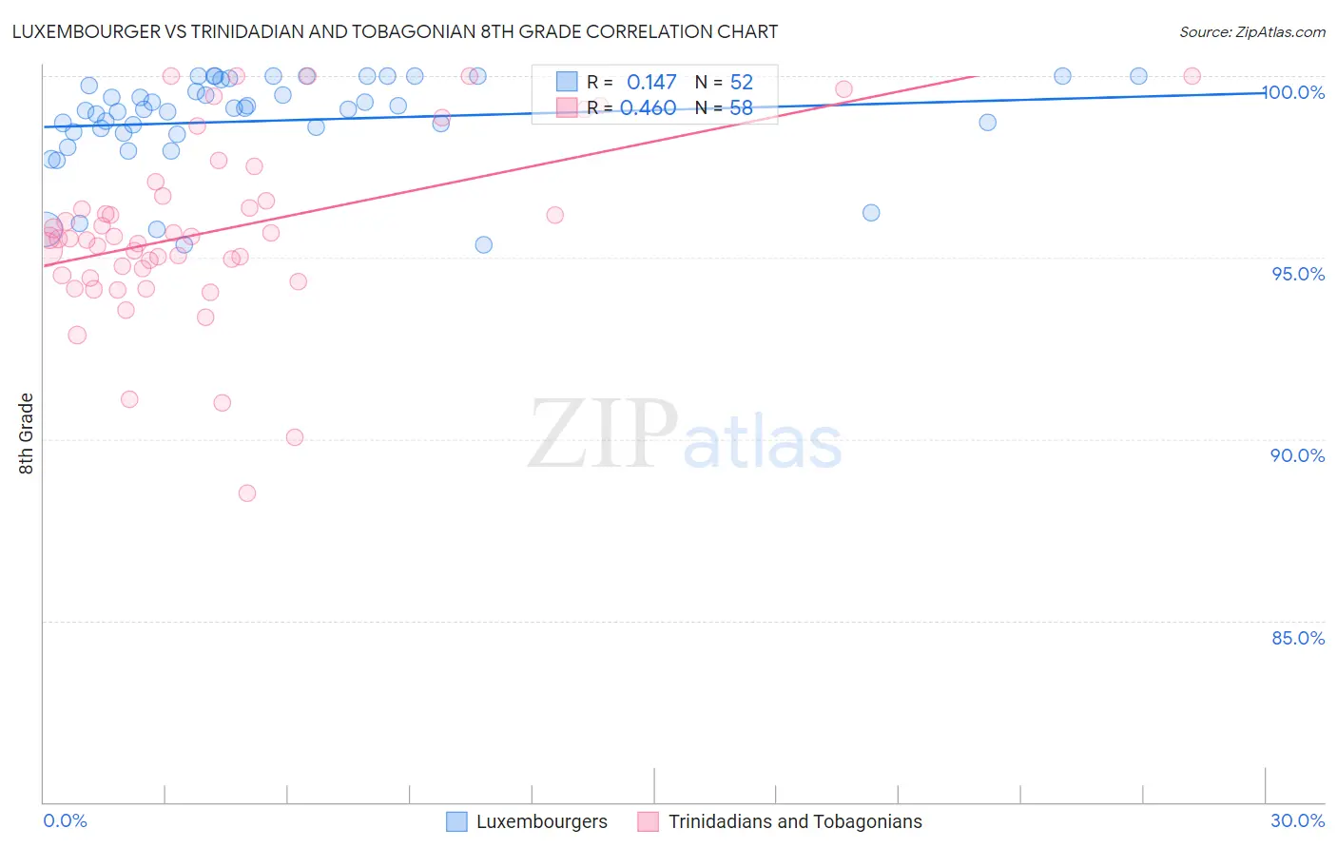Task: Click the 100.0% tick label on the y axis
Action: pos(1294,92)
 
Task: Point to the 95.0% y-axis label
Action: pos(1298,274)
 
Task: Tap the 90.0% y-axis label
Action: pos(1298,455)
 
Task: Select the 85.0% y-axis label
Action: pos(1298,638)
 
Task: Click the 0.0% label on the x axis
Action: pos(65,820)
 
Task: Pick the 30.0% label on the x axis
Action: pos(1298,820)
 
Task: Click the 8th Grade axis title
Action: pos(27,434)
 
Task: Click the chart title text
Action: pos(395,32)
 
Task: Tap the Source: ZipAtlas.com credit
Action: pos(1252,32)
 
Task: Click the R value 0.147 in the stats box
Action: pos(651,83)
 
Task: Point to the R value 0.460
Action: pos(648,108)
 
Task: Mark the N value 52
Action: pos(741,83)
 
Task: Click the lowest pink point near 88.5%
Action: pos(247,492)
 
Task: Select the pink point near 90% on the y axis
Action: pos(295,437)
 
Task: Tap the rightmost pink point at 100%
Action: pos(1192,76)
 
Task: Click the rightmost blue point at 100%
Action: pos(1138,76)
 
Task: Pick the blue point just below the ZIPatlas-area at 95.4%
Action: pos(484,244)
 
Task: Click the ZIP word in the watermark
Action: pos(603,434)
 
